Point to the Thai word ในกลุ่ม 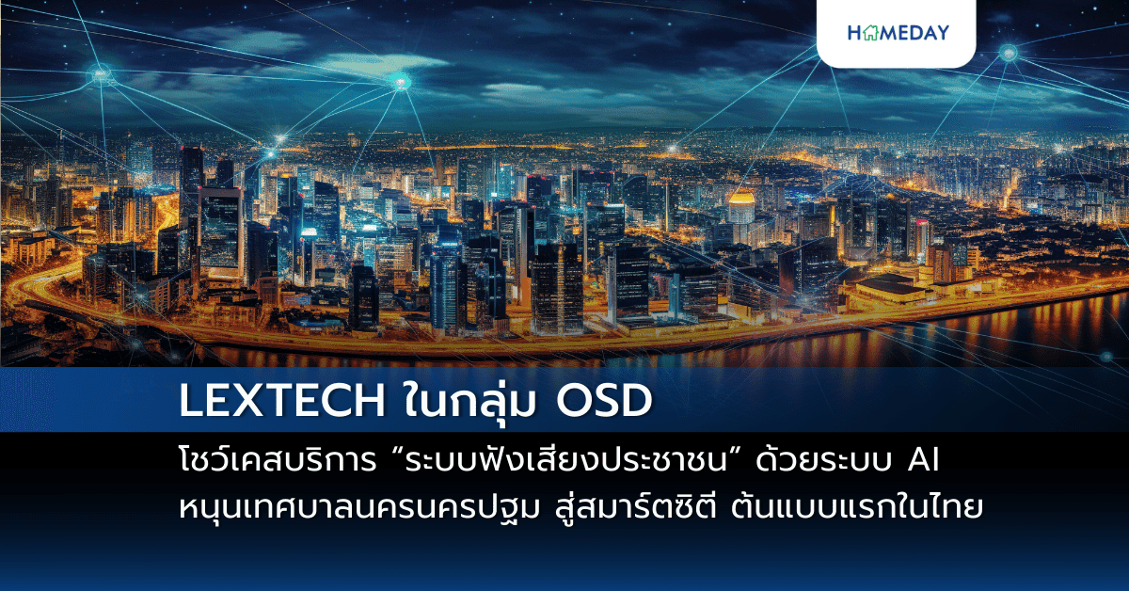click(454, 403)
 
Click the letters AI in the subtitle click(926, 464)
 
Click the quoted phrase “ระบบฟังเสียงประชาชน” click(561, 464)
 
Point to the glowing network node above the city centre click(401, 83)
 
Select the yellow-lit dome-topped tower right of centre click(742, 202)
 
